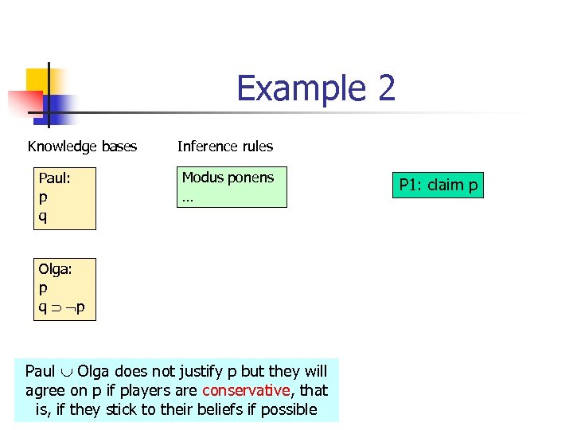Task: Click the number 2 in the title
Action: click(x=386, y=88)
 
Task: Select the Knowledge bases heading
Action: click(x=82, y=147)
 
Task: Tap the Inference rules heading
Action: click(x=225, y=147)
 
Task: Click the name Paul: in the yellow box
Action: click(x=55, y=178)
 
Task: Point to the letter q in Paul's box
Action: click(x=43, y=215)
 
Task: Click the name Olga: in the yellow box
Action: click(x=56, y=270)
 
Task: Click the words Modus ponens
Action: click(x=228, y=178)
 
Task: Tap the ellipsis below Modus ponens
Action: click(x=187, y=197)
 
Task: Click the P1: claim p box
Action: click(x=438, y=186)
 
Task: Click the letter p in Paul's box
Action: click(x=43, y=197)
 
